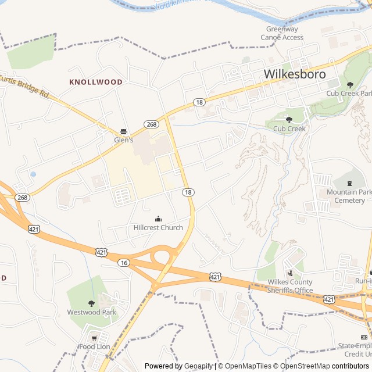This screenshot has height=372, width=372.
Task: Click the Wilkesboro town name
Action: [x=294, y=74]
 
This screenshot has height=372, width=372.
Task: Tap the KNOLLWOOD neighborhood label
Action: [x=96, y=82]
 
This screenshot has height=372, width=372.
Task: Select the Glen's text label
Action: [x=123, y=140]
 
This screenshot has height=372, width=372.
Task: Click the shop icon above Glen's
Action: [x=123, y=131]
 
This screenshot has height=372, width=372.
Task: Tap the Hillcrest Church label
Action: [x=158, y=227]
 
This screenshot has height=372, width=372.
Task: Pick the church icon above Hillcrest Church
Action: [x=158, y=219]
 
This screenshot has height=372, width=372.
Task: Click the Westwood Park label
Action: [x=91, y=312]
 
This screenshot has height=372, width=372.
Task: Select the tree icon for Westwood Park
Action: [x=91, y=303]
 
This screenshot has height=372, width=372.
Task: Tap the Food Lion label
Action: [x=94, y=347]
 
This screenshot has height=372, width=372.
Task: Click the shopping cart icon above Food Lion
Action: [x=94, y=338]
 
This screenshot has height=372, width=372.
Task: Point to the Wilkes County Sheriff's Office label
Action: [x=290, y=287]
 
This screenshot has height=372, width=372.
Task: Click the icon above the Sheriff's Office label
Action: [x=290, y=273]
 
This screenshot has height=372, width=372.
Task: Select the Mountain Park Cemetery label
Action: [x=349, y=196]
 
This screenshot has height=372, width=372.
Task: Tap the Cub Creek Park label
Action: [x=349, y=93]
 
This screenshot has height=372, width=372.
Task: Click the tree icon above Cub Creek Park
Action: [x=349, y=85]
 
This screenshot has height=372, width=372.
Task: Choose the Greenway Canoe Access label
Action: [x=282, y=33]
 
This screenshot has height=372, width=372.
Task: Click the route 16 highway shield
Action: [x=123, y=263]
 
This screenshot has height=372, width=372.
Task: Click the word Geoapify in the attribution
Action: [x=198, y=366]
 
